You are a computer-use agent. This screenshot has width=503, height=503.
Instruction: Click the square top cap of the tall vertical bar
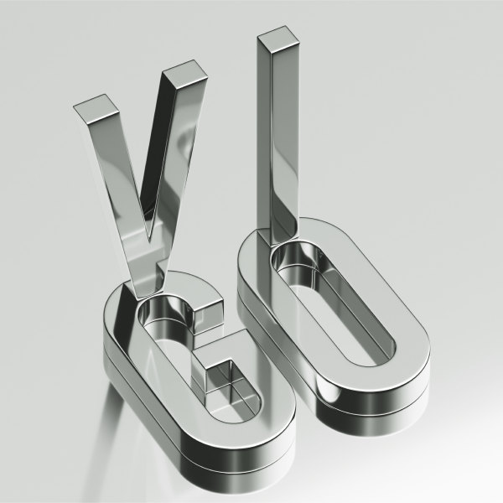[x=277, y=39]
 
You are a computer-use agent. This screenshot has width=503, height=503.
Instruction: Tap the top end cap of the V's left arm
[x=96, y=108]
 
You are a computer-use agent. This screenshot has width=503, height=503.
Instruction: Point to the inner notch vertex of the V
[x=148, y=240]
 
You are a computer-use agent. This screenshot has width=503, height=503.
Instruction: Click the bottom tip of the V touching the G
[x=139, y=298]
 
